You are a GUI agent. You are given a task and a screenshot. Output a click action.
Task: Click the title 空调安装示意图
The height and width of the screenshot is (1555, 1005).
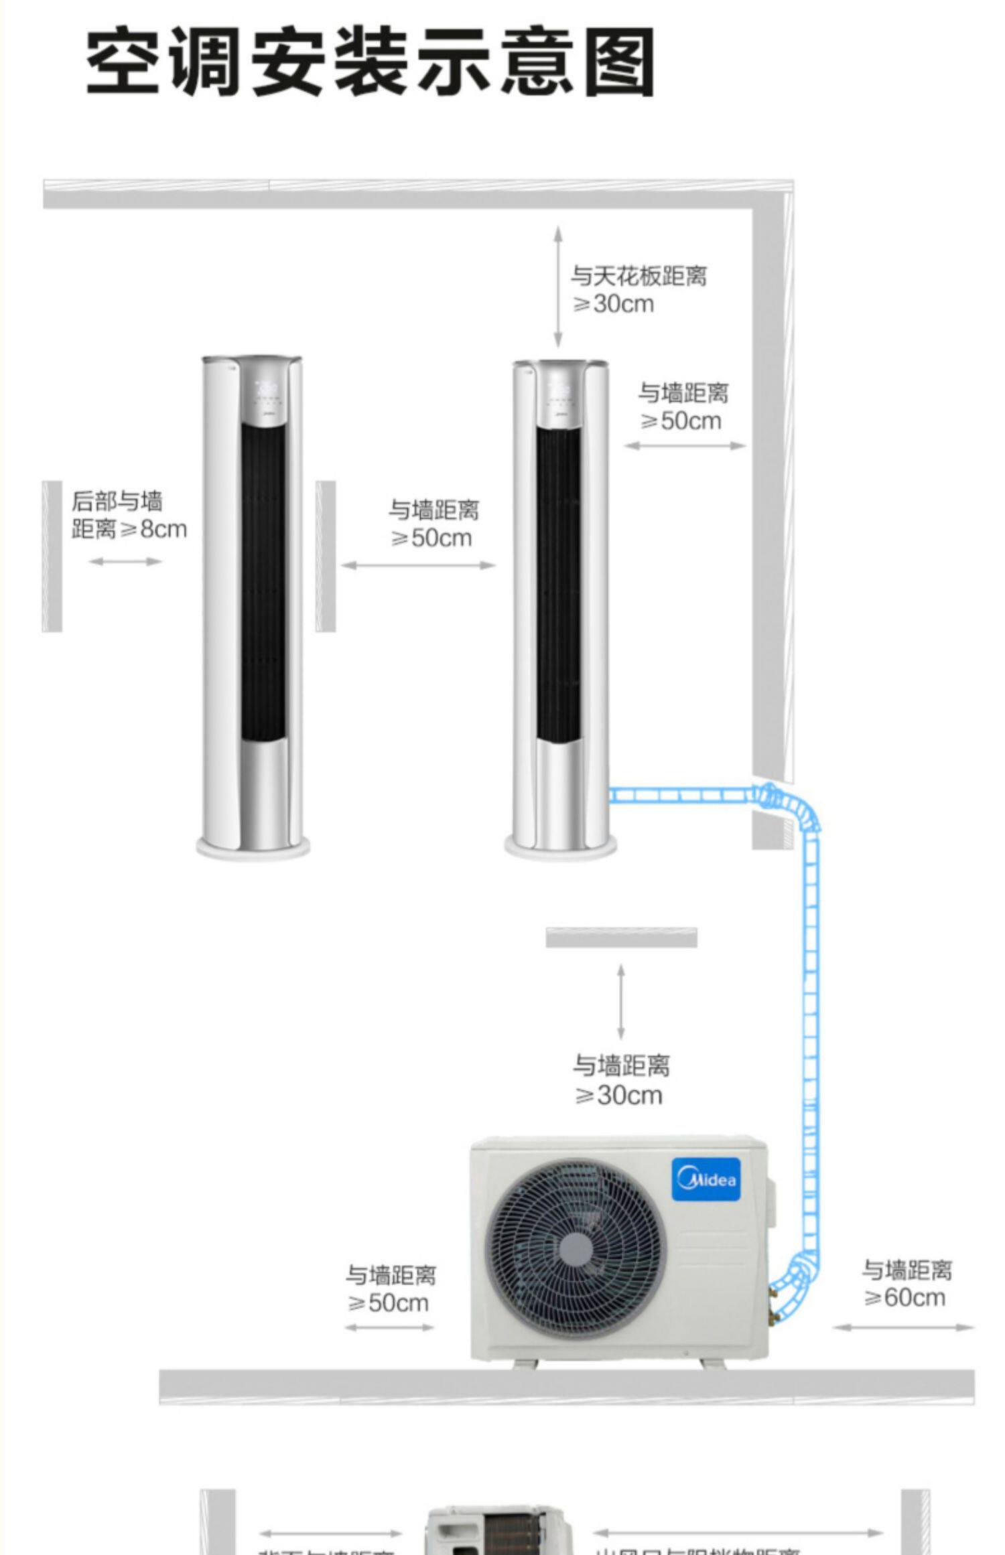pyautogui.click(x=370, y=62)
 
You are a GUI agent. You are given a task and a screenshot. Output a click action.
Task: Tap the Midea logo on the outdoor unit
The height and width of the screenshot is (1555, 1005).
pyautogui.click(x=706, y=1179)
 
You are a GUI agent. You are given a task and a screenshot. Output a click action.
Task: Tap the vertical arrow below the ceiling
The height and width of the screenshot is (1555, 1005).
pyautogui.click(x=557, y=287)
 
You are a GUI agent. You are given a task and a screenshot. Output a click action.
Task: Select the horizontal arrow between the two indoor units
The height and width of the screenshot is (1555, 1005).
pyautogui.click(x=418, y=565)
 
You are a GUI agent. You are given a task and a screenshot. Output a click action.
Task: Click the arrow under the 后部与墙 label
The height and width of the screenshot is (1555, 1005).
pyautogui.click(x=125, y=561)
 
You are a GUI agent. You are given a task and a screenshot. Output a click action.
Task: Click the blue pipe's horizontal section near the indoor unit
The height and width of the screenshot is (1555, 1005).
pyautogui.click(x=677, y=795)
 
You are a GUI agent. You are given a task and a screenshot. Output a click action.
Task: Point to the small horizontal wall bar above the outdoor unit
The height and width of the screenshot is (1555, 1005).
pyautogui.click(x=621, y=938)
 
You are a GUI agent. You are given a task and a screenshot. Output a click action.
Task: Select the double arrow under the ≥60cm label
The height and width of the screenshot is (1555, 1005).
pyautogui.click(x=903, y=1327)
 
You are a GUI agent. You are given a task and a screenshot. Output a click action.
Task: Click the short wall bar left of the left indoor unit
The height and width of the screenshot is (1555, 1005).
pyautogui.click(x=52, y=556)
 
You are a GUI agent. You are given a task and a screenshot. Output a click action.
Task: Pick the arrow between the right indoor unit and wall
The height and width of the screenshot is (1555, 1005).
pyautogui.click(x=685, y=445)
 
